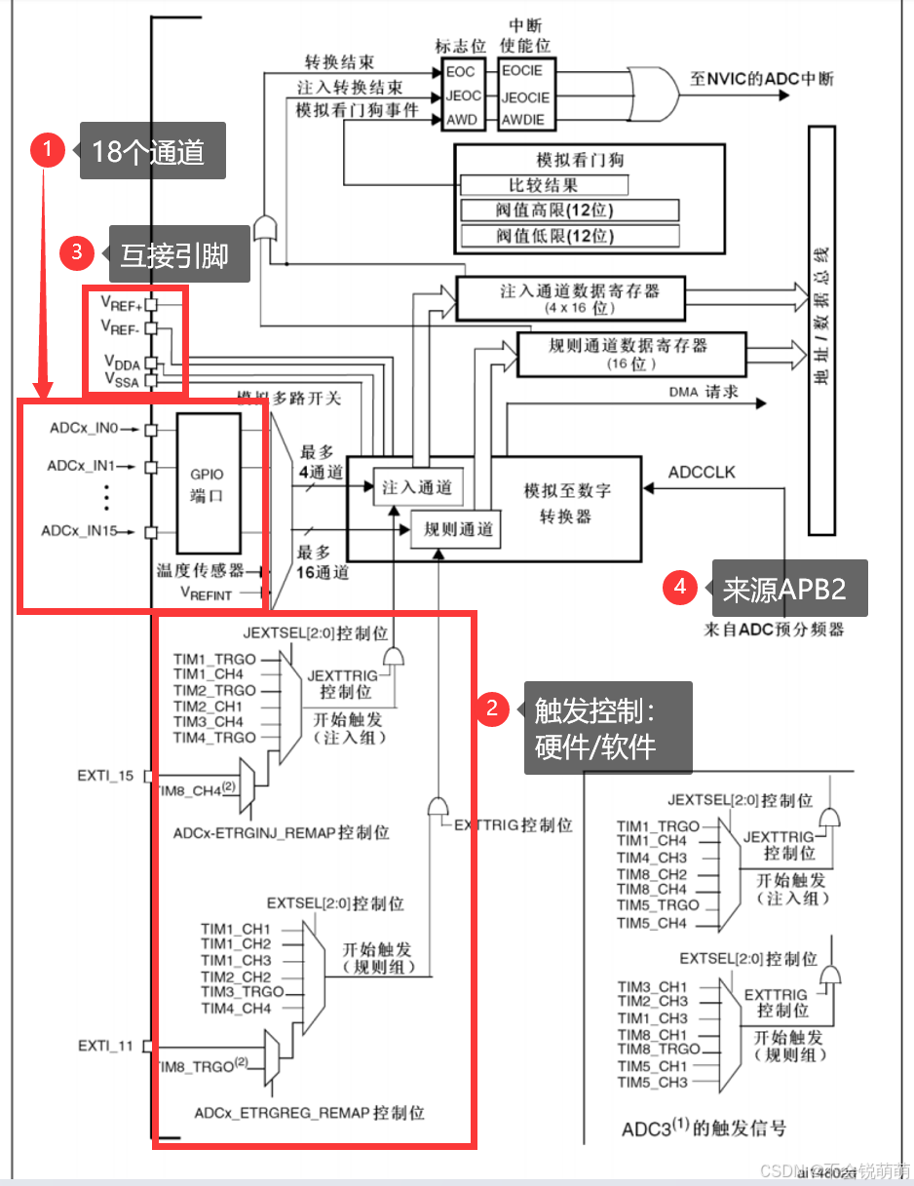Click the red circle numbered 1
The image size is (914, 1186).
[x=47, y=150]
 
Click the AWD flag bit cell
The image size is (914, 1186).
[x=462, y=121]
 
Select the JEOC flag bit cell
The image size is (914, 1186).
[x=463, y=96]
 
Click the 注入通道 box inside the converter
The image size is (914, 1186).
[x=417, y=487]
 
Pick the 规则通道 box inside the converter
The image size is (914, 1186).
[x=459, y=530]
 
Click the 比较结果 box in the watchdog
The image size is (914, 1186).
[x=543, y=185]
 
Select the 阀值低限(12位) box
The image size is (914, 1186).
[x=568, y=235]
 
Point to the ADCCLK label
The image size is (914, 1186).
[x=702, y=473]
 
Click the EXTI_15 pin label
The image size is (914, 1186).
[x=105, y=776]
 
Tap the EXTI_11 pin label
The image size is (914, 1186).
[x=105, y=1046]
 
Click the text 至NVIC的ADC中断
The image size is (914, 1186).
[x=761, y=78]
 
